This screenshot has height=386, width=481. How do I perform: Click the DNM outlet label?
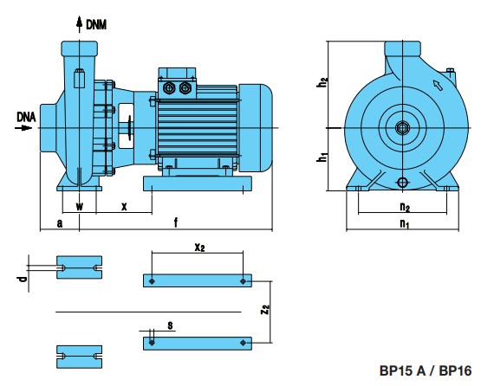pyautogui.click(x=96, y=25)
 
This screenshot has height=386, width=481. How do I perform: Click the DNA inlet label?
pyautogui.click(x=26, y=117)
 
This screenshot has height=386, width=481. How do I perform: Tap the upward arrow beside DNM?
pyautogui.click(x=80, y=24)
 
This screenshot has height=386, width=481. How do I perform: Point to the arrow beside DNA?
pyautogui.click(x=23, y=127)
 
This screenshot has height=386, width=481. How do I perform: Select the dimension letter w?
pyautogui.click(x=80, y=206)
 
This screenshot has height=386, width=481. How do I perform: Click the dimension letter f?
pyautogui.click(x=176, y=222)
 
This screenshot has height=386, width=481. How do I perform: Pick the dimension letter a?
pyautogui.click(x=60, y=223)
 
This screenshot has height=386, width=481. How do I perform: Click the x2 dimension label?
pyautogui.click(x=199, y=247)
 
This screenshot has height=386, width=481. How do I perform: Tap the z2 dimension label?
pyautogui.click(x=265, y=310)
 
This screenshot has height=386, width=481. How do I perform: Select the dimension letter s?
pyautogui.click(x=170, y=325)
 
